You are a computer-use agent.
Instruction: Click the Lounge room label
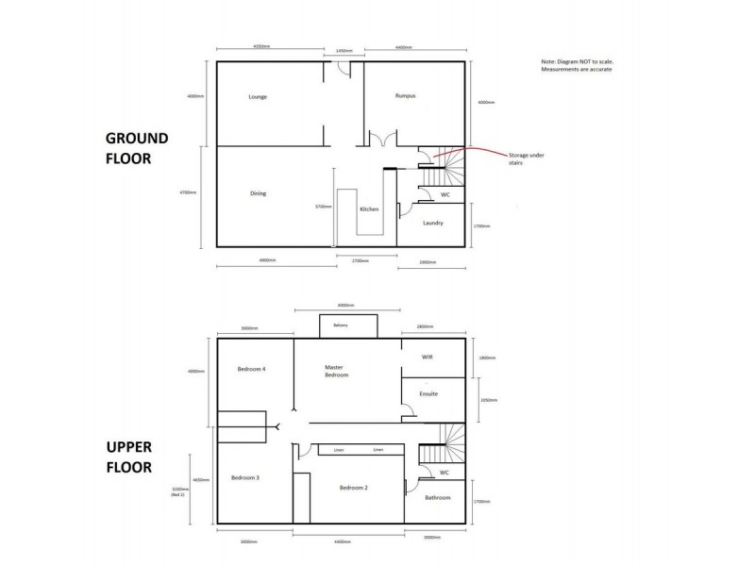(x=258, y=97)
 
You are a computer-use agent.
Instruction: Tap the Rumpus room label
(x=406, y=96)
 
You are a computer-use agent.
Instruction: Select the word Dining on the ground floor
(x=258, y=193)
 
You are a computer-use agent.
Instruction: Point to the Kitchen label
(x=370, y=208)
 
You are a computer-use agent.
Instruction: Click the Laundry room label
(x=433, y=223)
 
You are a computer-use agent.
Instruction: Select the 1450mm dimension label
(x=344, y=51)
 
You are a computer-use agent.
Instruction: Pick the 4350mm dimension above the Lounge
(x=264, y=45)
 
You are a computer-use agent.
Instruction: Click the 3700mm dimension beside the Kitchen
(x=323, y=206)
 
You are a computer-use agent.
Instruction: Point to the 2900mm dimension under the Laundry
(x=428, y=261)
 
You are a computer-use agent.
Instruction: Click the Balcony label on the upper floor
(x=340, y=325)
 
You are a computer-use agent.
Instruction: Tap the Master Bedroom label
(x=336, y=372)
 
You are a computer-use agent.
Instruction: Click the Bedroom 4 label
(x=251, y=369)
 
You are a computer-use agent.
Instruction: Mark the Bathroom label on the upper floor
(x=437, y=497)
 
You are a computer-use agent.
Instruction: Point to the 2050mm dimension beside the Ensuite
(x=487, y=399)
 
